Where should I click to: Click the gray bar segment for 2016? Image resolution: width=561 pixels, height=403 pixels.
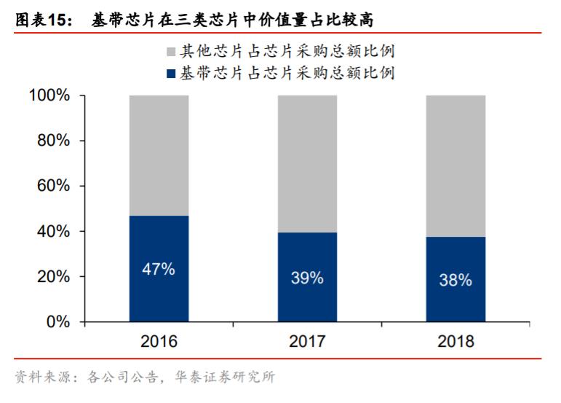pos(159,154)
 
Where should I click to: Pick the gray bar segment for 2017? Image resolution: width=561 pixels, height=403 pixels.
pos(307,163)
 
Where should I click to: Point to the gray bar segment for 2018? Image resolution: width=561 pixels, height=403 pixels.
pos(455,165)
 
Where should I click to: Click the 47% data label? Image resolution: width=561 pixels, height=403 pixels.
pos(159,269)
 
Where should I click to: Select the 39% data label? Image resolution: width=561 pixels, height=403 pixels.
pos(307,278)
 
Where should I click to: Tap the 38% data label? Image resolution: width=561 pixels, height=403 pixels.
pos(455,280)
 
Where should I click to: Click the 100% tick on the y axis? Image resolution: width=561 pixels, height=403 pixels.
pos(49,95)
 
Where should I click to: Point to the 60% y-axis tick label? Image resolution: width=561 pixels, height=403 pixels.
pos(53,186)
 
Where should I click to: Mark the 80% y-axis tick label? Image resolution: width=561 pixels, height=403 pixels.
pos(53,141)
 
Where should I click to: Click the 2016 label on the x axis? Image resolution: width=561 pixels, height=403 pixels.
pos(159,341)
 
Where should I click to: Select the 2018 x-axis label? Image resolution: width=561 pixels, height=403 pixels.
pos(455,341)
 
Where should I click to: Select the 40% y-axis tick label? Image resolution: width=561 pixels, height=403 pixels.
pos(53,231)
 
